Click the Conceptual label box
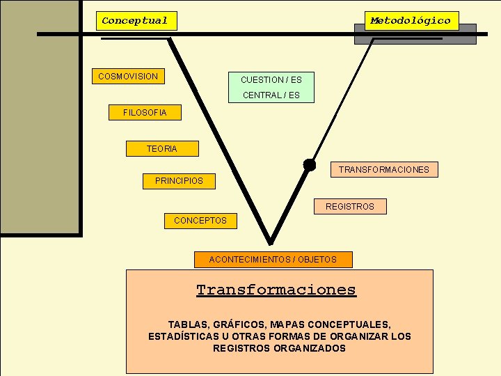[136, 21]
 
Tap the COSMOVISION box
[128, 76]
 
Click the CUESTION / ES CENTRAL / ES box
[271, 88]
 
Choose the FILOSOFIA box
[145, 113]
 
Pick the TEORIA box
[162, 148]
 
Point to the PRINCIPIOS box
[180, 181]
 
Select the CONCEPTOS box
[200, 221]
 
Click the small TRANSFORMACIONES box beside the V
[384, 169]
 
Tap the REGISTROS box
[349, 206]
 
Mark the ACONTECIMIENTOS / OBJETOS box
[273, 260]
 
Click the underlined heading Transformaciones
[276, 290]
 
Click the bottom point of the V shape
[271, 242]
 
